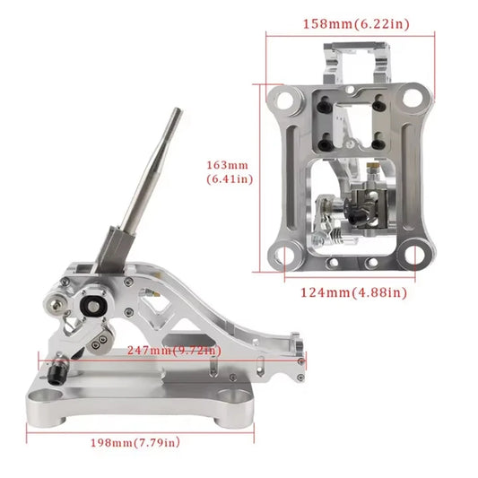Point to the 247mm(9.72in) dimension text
point(177,350)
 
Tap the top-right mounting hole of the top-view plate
point(413,95)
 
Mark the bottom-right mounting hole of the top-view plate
point(413,255)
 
